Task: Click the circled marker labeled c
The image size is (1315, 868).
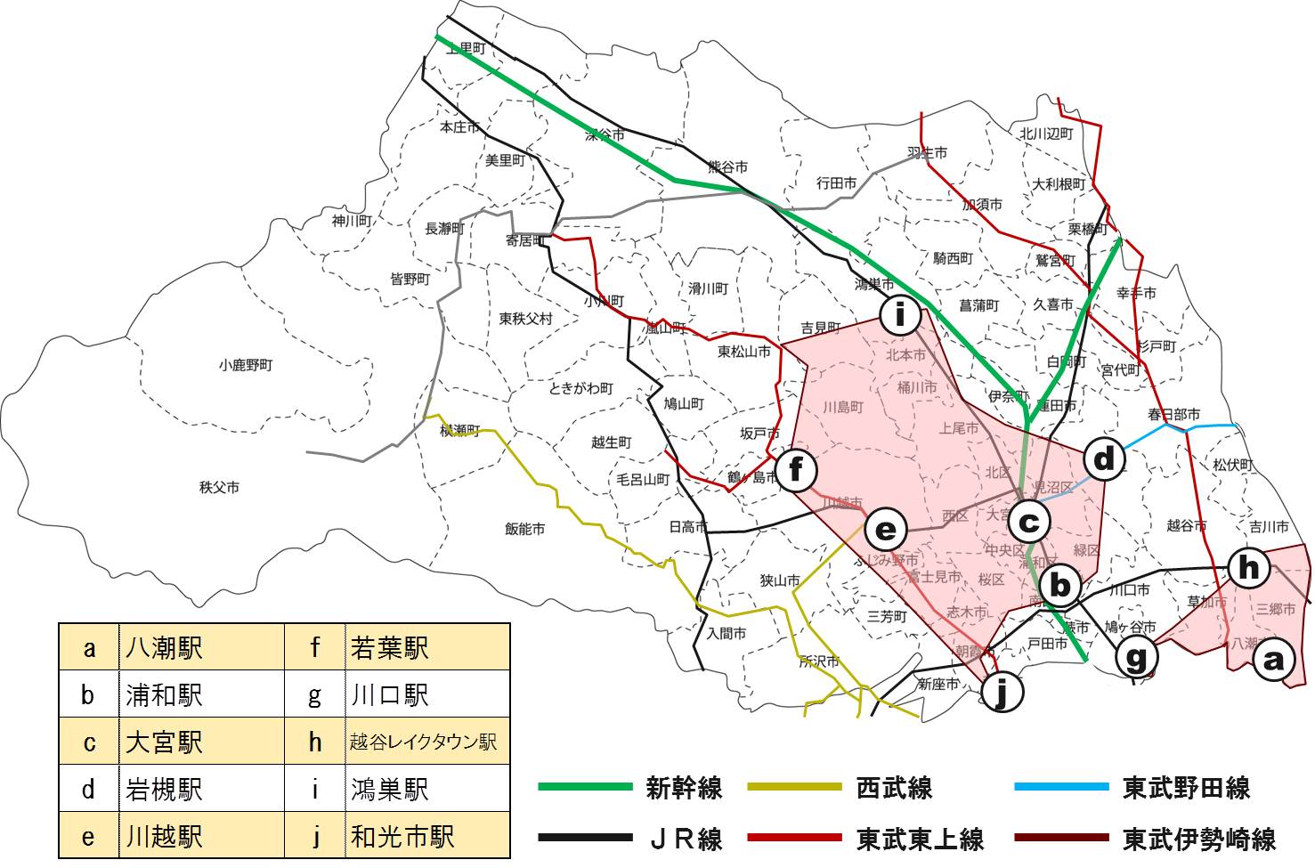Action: click(1028, 521)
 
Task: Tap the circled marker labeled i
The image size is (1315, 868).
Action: click(900, 313)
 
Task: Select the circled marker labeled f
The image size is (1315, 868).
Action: click(797, 469)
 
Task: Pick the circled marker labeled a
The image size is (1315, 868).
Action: click(1273, 660)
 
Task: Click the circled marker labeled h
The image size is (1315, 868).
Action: click(1249, 566)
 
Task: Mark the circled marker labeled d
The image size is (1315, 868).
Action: click(1104, 458)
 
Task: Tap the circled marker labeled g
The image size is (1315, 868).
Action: click(1137, 658)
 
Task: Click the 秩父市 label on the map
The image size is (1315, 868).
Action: click(219, 487)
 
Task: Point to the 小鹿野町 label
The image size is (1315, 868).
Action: click(246, 365)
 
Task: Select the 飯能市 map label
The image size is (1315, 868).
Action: click(525, 529)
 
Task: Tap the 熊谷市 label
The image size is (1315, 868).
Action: click(727, 166)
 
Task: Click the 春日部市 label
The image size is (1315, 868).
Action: click(1173, 414)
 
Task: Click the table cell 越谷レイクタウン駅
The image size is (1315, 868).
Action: click(423, 742)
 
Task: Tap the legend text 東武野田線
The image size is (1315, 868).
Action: click(1186, 787)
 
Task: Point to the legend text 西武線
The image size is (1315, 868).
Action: click(894, 787)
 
